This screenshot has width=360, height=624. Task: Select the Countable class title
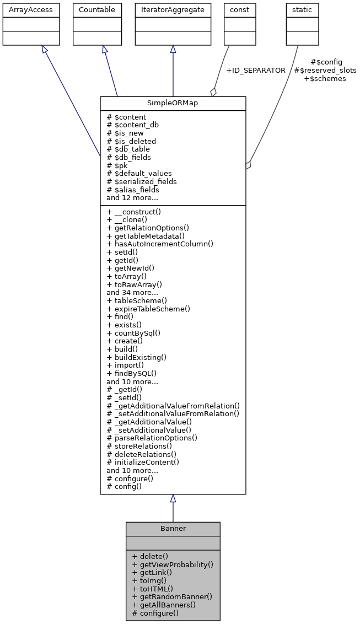click(x=97, y=10)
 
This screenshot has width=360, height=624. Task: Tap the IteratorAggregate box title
click(x=173, y=10)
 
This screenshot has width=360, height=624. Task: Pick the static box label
click(x=302, y=10)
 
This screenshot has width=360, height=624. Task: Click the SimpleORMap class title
click(x=173, y=104)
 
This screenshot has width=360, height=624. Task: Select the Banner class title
click(x=173, y=529)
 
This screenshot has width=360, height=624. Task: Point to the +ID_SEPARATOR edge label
click(x=255, y=71)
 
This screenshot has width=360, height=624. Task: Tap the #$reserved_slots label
click(x=325, y=70)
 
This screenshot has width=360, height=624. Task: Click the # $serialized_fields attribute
click(x=142, y=181)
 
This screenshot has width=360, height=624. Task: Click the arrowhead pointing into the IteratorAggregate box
click(x=173, y=49)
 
